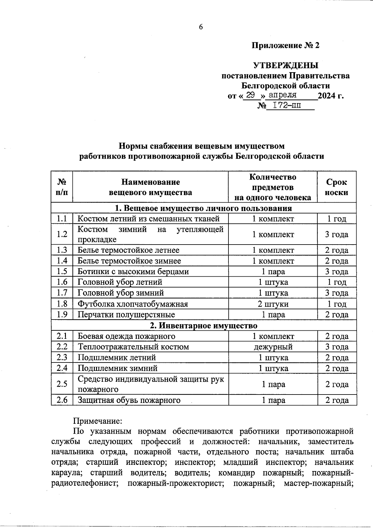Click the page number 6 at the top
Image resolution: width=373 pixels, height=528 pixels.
tap(201, 27)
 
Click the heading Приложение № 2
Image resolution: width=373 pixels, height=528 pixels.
tap(285, 45)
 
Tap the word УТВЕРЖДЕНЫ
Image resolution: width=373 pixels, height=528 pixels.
tap(286, 66)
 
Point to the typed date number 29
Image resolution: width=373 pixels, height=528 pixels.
tap(251, 95)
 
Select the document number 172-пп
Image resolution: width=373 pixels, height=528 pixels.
tap(286, 105)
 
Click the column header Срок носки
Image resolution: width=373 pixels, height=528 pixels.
tap(337, 187)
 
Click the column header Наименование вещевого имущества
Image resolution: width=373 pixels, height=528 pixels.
tap(150, 187)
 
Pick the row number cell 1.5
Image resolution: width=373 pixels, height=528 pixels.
tap(62, 271)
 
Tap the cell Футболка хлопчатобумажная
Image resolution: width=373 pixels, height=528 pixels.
tap(133, 304)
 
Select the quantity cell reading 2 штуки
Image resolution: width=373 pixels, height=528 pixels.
tap(273, 304)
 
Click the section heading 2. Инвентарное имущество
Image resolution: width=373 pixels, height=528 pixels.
tap(204, 325)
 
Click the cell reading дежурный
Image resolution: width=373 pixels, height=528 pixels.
tap(273, 347)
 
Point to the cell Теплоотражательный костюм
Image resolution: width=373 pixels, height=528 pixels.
tap(133, 347)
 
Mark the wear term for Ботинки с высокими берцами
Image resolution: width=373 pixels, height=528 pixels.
tap(337, 272)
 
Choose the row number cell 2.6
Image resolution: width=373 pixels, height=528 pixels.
tap(62, 400)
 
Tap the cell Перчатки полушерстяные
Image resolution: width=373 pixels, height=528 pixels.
tap(126, 315)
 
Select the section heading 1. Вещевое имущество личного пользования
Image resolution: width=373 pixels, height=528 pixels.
tap(204, 208)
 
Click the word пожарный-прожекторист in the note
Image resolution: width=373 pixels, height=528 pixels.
tap(176, 484)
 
